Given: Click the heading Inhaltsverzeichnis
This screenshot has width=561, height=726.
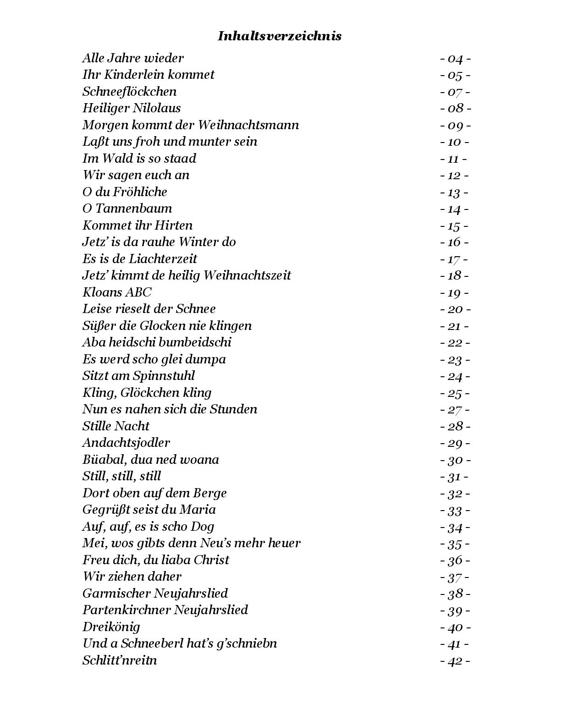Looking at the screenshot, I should pyautogui.click(x=279, y=36).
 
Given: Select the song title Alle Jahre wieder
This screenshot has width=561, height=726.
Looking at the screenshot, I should pyautogui.click(x=133, y=58).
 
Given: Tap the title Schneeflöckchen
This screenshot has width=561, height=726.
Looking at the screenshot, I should pyautogui.click(x=129, y=92).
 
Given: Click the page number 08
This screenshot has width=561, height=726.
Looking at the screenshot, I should pyautogui.click(x=455, y=109).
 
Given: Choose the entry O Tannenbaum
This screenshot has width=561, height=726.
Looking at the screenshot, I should pyautogui.click(x=127, y=209).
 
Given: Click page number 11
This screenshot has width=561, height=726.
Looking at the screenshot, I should pyautogui.click(x=453, y=159).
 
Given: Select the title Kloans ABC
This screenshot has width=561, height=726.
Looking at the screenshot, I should pyautogui.click(x=116, y=292).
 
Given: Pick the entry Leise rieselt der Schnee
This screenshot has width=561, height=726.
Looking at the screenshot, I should pyautogui.click(x=149, y=309).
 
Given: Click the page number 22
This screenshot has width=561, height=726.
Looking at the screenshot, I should pyautogui.click(x=455, y=343).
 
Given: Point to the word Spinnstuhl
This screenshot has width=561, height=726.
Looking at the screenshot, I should pyautogui.click(x=164, y=376).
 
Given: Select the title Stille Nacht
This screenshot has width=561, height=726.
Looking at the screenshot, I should pyautogui.click(x=116, y=426).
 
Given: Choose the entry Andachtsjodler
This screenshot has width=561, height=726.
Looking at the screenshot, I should pyautogui.click(x=126, y=443).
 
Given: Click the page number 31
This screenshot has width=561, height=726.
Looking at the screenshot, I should pyautogui.click(x=454, y=477).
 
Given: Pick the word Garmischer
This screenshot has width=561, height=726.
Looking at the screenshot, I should pyautogui.click(x=116, y=594).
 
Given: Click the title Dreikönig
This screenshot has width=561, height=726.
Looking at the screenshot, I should pyautogui.click(x=111, y=627).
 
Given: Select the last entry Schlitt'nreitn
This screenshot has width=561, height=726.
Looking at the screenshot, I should pyautogui.click(x=119, y=660).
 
